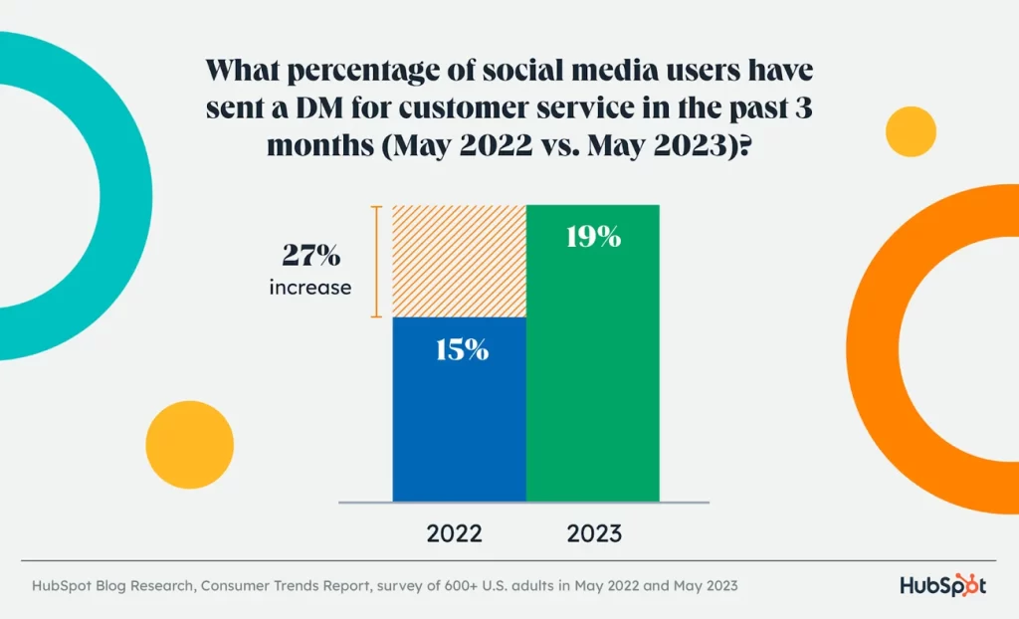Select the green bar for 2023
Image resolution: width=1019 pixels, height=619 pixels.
click(592, 378)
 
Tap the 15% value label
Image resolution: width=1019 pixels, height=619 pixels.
click(459, 349)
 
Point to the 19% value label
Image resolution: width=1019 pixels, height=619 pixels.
click(592, 237)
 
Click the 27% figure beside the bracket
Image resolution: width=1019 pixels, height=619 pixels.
click(309, 256)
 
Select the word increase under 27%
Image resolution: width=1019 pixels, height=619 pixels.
click(309, 288)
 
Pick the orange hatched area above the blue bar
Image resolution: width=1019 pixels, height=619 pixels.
click(459, 261)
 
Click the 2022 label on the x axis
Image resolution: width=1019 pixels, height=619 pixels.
click(455, 533)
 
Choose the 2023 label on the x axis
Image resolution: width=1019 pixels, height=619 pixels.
click(594, 533)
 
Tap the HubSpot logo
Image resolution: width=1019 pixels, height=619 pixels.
click(942, 585)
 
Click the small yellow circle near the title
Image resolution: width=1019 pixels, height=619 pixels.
click(911, 131)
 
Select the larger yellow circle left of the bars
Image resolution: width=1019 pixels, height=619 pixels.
click(189, 444)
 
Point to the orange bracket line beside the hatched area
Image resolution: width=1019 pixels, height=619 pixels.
click(376, 261)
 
